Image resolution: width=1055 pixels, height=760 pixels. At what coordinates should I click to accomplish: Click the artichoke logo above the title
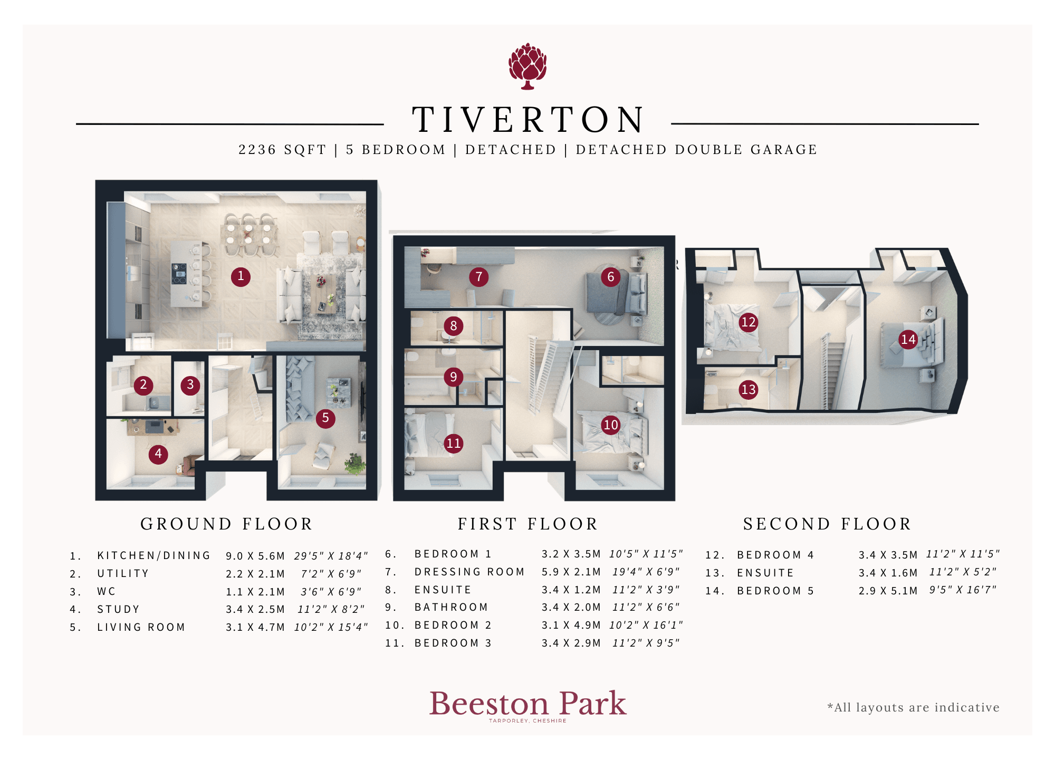(x=527, y=66)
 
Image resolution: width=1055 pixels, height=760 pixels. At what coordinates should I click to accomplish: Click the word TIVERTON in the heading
(x=528, y=120)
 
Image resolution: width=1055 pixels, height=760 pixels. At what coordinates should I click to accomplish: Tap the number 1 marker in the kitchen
(x=241, y=276)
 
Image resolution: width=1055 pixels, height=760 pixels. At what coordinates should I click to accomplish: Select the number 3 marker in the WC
(x=190, y=385)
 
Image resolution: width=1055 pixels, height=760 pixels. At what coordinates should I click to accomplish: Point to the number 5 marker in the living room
(x=325, y=418)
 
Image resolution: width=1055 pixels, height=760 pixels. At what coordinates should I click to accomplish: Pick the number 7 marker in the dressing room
(x=479, y=276)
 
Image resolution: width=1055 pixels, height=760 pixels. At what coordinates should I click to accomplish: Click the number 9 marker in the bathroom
(x=454, y=377)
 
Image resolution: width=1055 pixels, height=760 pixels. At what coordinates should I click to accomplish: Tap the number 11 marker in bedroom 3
(x=454, y=443)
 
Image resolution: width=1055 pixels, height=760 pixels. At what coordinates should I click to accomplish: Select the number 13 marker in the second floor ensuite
(x=749, y=389)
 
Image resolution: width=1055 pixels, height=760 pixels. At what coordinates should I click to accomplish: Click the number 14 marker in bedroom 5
(x=908, y=339)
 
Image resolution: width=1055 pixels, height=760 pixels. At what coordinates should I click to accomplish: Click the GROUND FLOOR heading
(x=227, y=524)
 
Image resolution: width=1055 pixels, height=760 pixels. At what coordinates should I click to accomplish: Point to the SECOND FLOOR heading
(x=828, y=524)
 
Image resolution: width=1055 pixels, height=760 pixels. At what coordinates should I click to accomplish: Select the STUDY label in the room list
(x=119, y=609)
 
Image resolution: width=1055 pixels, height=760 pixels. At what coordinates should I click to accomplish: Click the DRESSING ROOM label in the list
(x=469, y=572)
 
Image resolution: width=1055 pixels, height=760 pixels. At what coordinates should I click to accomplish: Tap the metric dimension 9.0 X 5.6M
(x=255, y=556)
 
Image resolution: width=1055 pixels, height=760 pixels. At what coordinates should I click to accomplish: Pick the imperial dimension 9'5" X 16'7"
(x=963, y=590)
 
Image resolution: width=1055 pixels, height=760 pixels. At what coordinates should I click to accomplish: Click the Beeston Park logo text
(x=528, y=704)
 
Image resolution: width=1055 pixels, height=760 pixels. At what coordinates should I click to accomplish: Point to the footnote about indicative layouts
(x=914, y=707)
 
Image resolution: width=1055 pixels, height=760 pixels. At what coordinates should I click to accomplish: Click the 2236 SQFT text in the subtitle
(x=283, y=150)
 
